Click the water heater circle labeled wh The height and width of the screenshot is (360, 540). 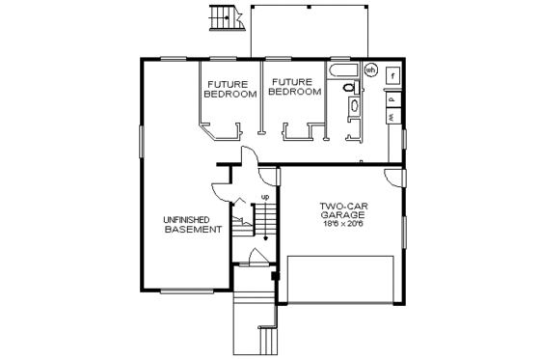[x=370, y=69]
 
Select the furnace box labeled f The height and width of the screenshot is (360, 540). [x=392, y=75]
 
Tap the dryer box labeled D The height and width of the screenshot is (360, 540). [x=392, y=97]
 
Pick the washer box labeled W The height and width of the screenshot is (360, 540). [x=392, y=116]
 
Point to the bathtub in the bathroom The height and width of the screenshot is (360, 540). [x=343, y=70]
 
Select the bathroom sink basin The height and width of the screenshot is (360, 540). [x=351, y=106]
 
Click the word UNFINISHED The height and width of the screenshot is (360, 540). [x=193, y=220]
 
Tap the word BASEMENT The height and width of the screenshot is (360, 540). [x=193, y=230]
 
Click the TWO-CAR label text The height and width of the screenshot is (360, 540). [x=341, y=205]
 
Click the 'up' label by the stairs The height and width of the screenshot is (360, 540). [x=264, y=197]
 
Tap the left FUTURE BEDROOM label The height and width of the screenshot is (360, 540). [x=230, y=89]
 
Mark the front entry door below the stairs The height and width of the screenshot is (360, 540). [x=256, y=259]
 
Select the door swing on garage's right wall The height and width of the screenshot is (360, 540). [x=392, y=178]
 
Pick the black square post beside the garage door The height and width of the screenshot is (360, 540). [x=276, y=277]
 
